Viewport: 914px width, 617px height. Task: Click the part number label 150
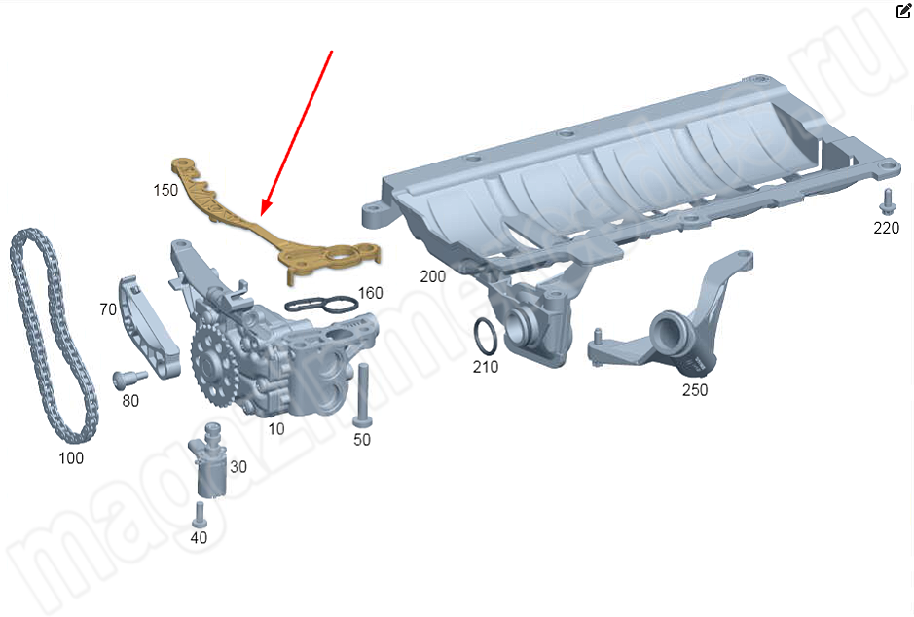pos(165,190)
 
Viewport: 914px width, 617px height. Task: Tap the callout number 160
pos(370,293)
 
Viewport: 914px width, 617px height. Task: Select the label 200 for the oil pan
pos(432,276)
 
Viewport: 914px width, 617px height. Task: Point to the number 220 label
pos(886,228)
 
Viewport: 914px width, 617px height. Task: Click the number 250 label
pos(695,390)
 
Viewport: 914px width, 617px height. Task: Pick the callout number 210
pos(486,367)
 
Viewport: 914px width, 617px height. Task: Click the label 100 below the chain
pos(71,458)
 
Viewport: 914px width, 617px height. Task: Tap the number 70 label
pos(108,309)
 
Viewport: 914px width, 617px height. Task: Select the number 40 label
pos(199,537)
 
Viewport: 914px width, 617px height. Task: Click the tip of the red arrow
pos(262,215)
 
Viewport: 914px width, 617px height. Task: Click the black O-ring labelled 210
pos(486,336)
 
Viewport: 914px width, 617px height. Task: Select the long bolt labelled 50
pos(362,396)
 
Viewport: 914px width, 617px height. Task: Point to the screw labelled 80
pos(129,379)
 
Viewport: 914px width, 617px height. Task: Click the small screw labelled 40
pos(200,515)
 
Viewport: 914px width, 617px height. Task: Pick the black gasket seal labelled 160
pos(321,305)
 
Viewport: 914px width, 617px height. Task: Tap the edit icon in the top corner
pos(903,11)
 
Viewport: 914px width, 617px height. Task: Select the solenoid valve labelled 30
pos(208,460)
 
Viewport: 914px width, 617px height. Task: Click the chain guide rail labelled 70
pos(149,327)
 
